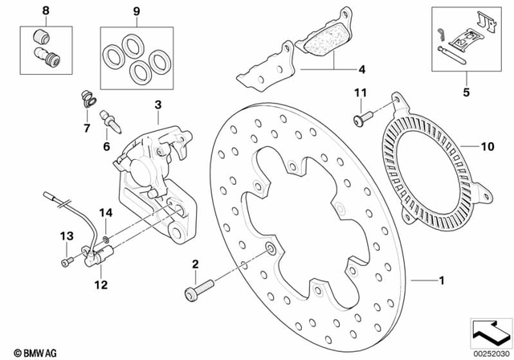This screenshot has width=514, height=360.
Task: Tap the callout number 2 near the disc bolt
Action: pos(194,264)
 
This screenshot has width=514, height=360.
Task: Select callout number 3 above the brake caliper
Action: pos(158,104)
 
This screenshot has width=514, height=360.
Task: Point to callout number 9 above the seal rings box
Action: pos(136,12)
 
